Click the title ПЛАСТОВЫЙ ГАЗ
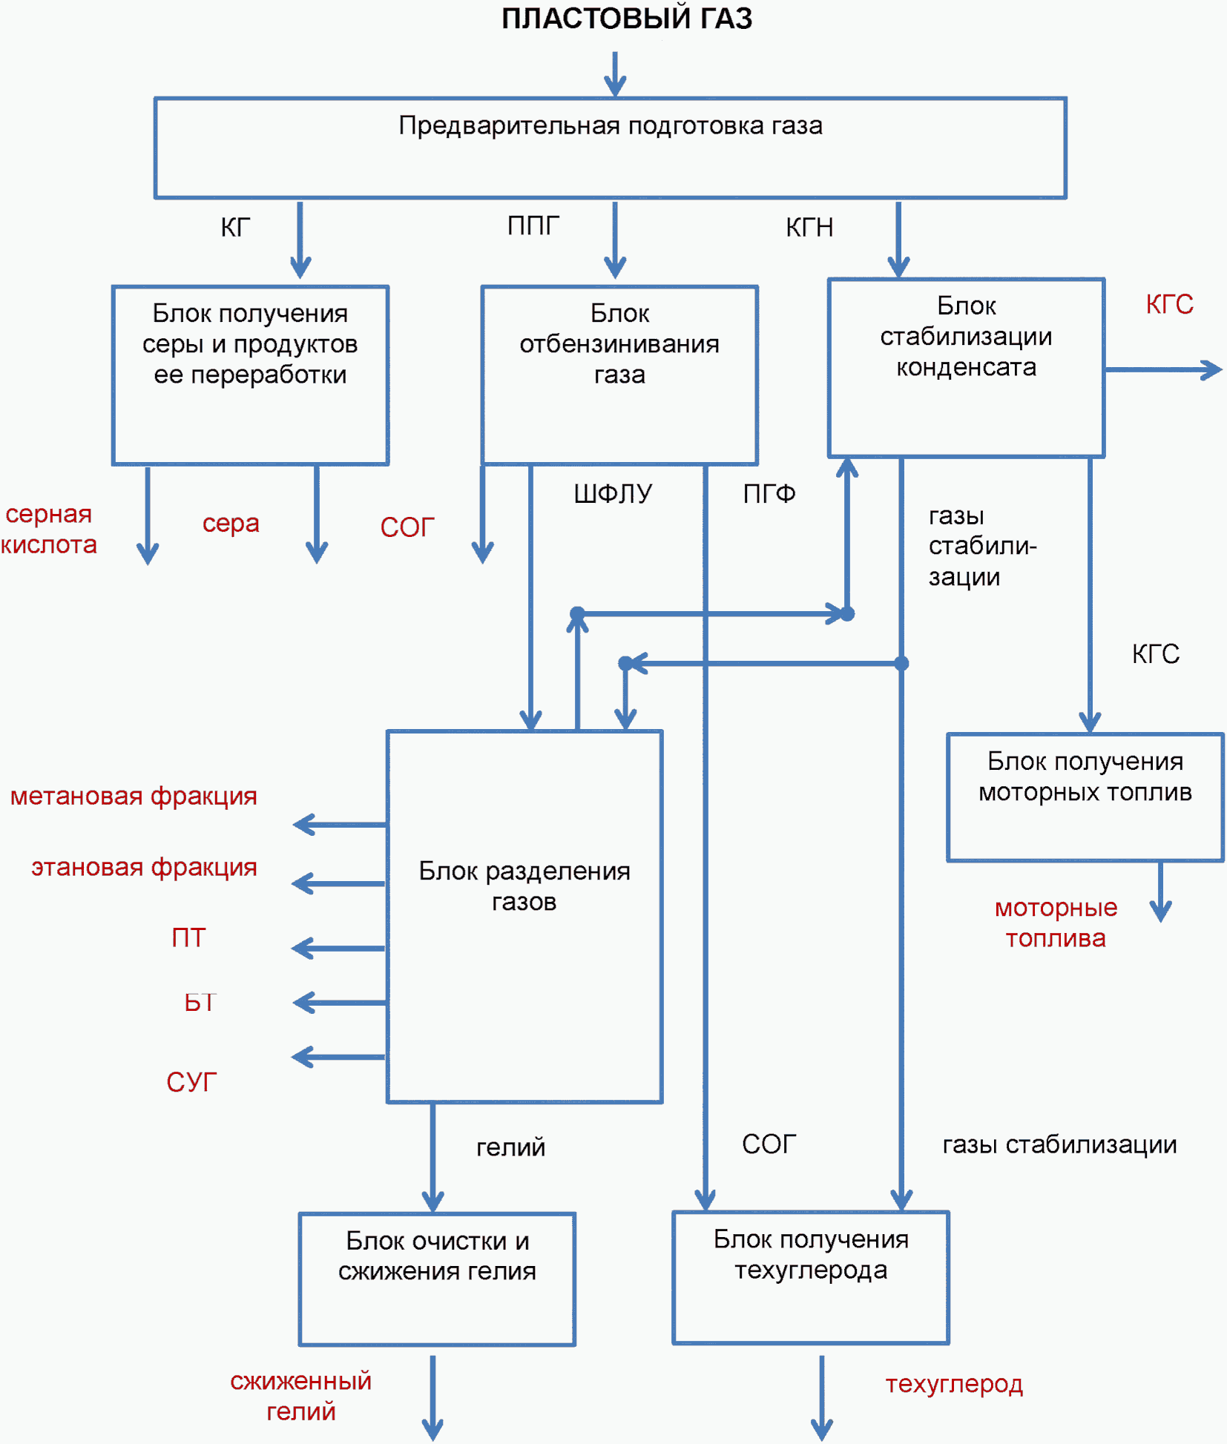627,19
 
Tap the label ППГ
533,225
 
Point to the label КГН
809,227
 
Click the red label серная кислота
49,529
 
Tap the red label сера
231,523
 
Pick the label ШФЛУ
613,493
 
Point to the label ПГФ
769,493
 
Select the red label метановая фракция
134,796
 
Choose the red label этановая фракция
144,867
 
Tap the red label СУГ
191,1082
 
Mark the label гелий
510,1147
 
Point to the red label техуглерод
954,1384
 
